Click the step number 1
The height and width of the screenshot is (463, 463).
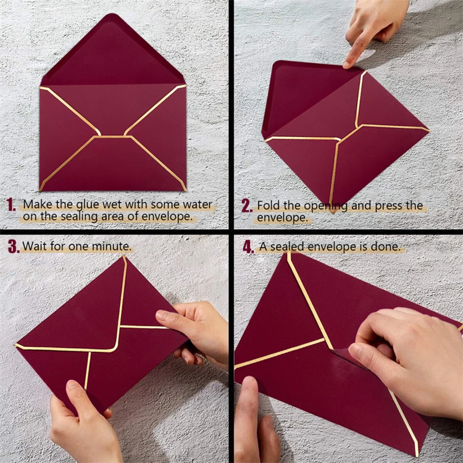[11, 205]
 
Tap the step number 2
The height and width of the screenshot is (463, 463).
[247, 206]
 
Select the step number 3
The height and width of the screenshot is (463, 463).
[13, 246]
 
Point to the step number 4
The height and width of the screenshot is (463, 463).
[248, 247]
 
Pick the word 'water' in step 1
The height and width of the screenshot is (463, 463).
[196, 204]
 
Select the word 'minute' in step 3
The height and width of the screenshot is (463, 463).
[111, 246]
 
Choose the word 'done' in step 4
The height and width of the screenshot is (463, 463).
[389, 247]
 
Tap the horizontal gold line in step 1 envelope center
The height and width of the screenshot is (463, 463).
[112, 136]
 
